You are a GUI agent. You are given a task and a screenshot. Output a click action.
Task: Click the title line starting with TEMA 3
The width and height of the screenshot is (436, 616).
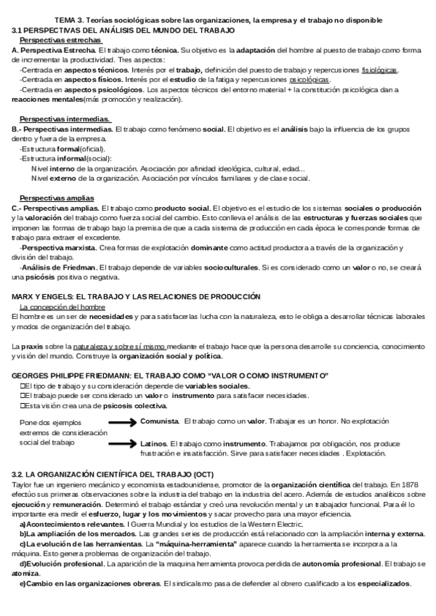(x=218, y=20)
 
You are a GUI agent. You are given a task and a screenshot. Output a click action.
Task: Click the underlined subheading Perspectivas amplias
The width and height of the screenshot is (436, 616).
(x=57, y=198)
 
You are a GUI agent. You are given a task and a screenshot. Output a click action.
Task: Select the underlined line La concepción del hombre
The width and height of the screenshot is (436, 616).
(x=62, y=307)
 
